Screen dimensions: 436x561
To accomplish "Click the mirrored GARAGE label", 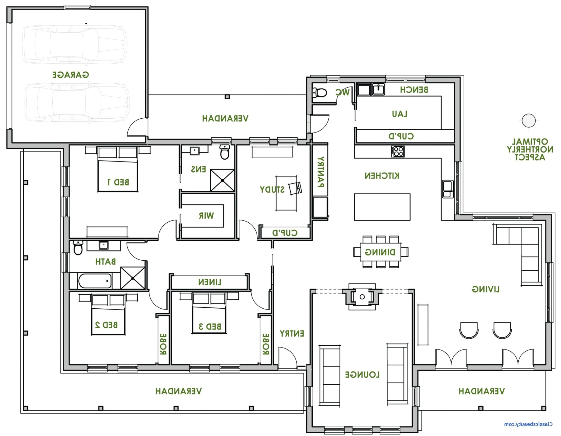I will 71,75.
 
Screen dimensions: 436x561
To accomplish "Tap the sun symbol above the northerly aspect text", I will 529,120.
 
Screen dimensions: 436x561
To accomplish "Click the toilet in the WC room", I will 319,93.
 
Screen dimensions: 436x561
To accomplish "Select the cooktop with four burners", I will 397,151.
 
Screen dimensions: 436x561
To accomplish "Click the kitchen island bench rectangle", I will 382,207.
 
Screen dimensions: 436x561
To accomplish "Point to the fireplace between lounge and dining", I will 362,297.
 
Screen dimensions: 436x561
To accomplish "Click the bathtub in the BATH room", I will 95,281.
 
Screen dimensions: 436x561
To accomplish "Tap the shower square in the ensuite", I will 222,180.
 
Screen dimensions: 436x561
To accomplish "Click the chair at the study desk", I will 295,188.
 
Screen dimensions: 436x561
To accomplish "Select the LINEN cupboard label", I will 209,282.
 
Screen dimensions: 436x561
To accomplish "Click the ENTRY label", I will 292,333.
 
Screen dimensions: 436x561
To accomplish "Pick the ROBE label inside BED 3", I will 266,344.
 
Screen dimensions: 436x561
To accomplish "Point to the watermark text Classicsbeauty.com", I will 528,424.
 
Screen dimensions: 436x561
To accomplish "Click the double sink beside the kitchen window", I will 448,189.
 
